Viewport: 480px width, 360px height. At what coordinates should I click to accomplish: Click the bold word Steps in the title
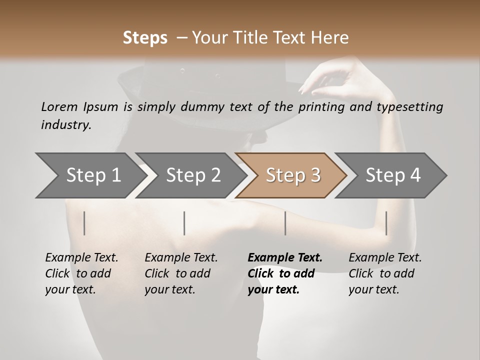pos(145,38)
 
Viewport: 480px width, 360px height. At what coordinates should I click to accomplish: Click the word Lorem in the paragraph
pos(59,106)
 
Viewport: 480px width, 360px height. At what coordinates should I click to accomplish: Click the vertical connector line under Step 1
pos(84,223)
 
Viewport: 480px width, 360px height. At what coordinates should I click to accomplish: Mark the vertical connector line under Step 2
pos(184,223)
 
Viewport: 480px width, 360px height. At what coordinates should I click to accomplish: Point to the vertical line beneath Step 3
pos(285,223)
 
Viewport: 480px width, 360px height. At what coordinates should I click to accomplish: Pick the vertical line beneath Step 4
pos(386,223)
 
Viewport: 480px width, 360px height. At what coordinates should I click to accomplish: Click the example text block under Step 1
pos(81,273)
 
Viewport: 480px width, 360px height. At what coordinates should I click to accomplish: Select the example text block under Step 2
pos(181,273)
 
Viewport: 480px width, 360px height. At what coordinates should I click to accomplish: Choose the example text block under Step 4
pos(385,273)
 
